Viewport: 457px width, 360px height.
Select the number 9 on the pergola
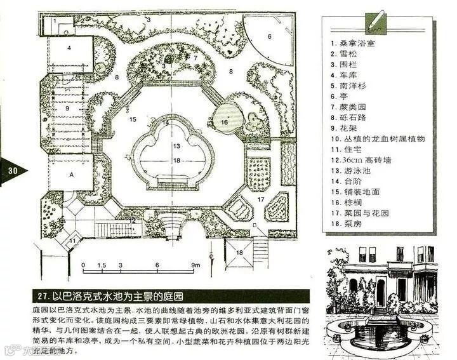click(x=65, y=108)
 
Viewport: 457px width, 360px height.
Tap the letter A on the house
click(x=72, y=173)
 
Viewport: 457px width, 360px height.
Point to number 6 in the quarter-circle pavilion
click(x=269, y=36)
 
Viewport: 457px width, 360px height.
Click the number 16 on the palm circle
click(x=224, y=121)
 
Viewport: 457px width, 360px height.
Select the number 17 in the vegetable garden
click(x=260, y=199)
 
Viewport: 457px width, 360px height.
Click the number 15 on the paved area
click(x=132, y=119)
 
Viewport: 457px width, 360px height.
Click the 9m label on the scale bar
click(x=197, y=264)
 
